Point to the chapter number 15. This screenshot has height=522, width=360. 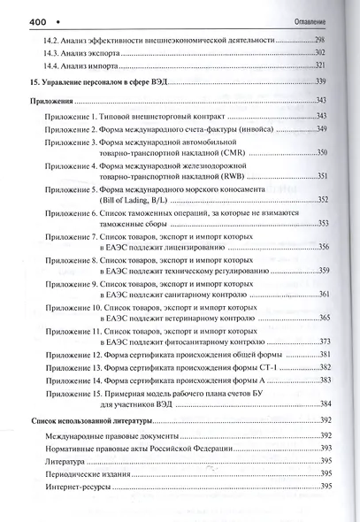35,82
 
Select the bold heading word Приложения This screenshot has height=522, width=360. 57,101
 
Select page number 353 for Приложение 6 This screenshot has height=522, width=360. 323,224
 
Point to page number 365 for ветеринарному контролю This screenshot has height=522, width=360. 324,318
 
